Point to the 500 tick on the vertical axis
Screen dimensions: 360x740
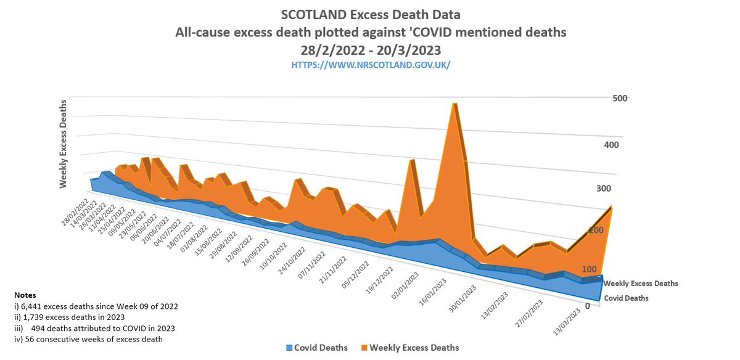click(620, 99)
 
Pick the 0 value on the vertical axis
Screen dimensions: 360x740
click(588, 306)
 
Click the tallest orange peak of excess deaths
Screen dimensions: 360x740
click(454, 105)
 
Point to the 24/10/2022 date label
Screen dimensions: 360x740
click(292, 258)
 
